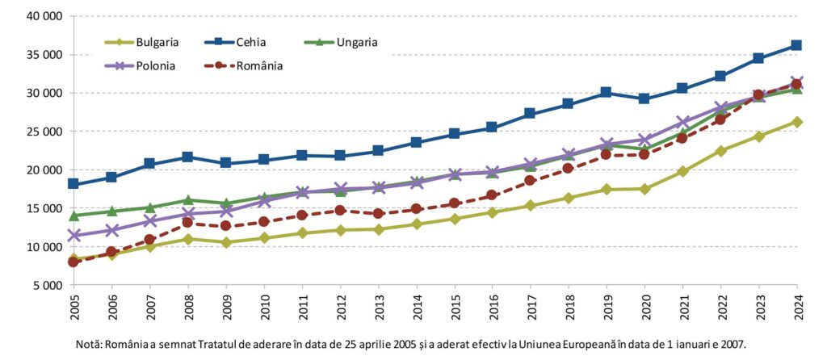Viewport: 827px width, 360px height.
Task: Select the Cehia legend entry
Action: pos(251,42)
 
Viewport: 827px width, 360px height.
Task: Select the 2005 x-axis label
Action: pos(73,309)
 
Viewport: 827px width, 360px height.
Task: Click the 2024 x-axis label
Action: pos(796,309)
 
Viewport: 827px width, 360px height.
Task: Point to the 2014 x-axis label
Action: pos(416,309)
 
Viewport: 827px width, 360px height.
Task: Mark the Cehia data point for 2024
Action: pos(796,45)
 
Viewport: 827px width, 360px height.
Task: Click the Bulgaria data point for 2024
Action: pos(796,122)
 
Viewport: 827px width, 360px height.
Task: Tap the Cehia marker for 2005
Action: pos(73,184)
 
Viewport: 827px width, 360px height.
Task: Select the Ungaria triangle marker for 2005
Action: pos(73,216)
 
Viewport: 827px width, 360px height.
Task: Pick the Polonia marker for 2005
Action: pos(73,236)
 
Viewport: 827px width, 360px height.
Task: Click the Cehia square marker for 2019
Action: pos(606,92)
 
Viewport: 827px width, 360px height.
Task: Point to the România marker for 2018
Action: pos(568,168)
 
